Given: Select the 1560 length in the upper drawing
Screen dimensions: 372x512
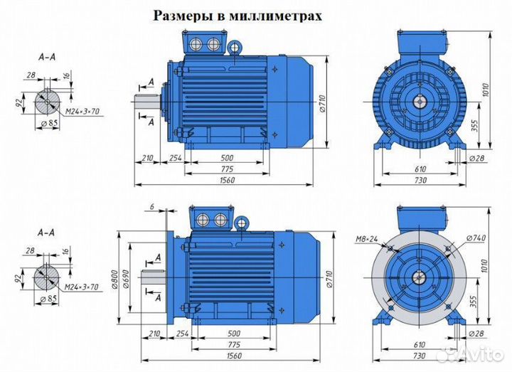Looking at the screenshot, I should pyautogui.click(x=228, y=181).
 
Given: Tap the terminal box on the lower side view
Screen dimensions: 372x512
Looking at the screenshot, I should pyautogui.click(x=211, y=217).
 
